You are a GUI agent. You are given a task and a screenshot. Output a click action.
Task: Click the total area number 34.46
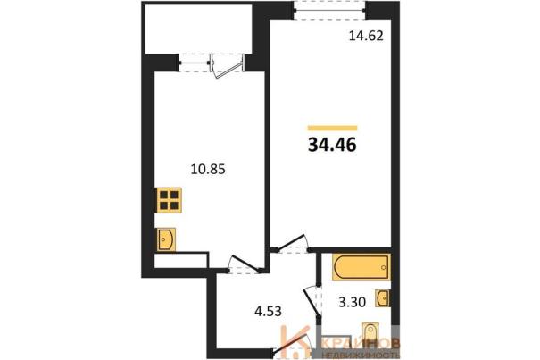332,145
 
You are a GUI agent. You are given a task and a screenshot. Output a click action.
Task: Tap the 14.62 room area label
366,36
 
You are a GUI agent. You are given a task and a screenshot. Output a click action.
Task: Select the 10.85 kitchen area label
208,170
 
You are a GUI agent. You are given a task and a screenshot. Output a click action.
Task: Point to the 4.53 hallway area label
268,312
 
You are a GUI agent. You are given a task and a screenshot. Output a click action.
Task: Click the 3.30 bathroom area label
352,303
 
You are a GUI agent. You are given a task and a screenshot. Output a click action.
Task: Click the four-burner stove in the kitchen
169,200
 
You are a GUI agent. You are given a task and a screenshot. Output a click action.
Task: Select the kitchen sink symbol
166,239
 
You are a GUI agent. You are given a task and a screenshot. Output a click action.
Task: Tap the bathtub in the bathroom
361,267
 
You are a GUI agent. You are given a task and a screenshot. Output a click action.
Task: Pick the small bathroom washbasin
382,298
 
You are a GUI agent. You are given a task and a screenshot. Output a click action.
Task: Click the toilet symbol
370,333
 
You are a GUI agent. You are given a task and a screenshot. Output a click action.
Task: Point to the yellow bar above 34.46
332,129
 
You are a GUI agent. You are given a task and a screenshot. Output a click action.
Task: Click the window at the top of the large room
330,11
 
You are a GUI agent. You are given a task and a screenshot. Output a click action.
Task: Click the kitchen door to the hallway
245,264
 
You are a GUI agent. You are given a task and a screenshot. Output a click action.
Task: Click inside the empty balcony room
199,29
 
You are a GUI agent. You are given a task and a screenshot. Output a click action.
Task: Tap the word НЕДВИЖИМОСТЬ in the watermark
361,355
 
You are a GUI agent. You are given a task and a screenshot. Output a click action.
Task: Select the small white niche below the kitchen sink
180,261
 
